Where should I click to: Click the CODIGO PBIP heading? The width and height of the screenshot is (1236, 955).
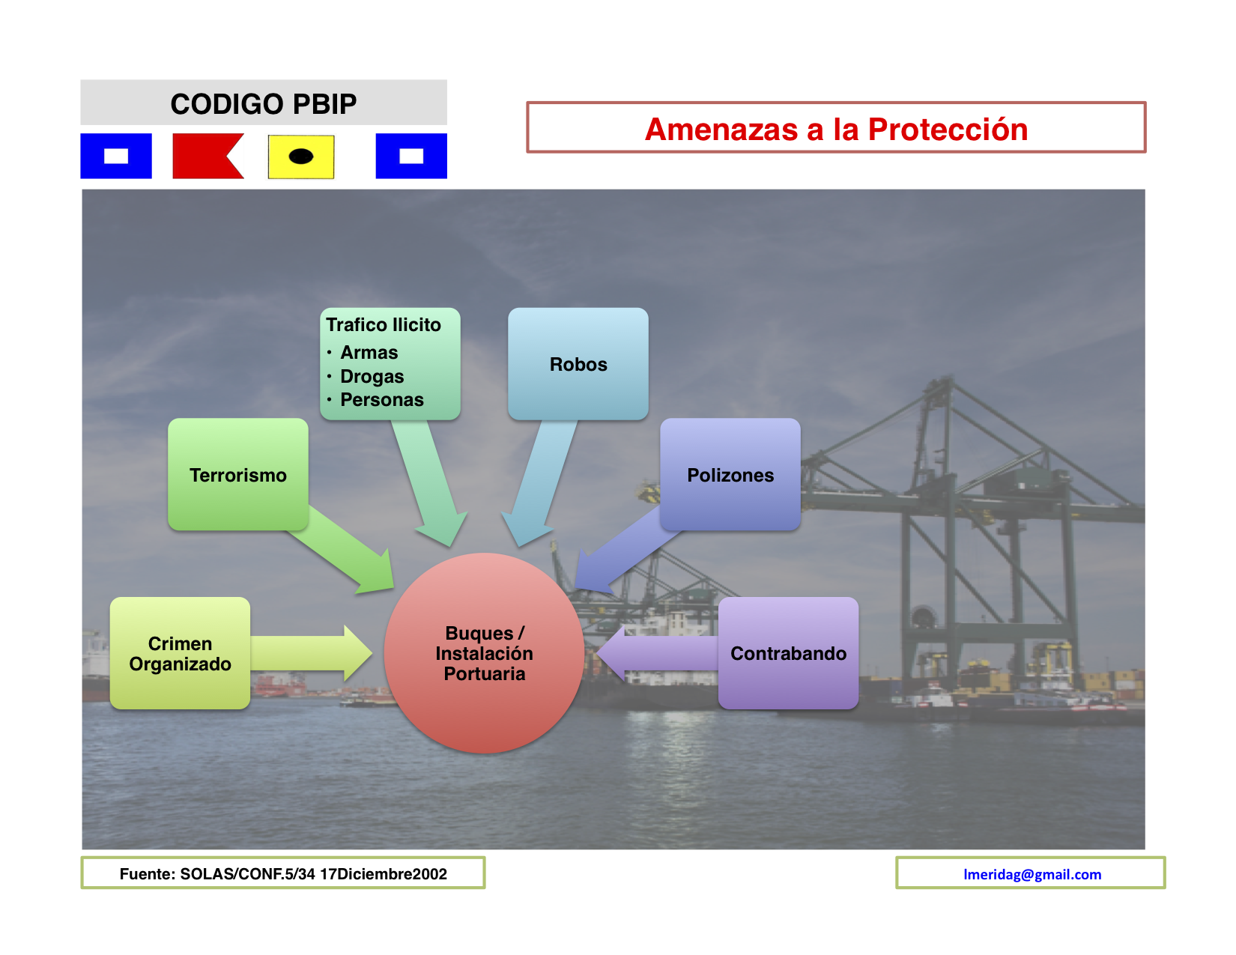[x=264, y=104]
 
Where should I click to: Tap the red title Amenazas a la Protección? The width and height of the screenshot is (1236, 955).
[x=836, y=129]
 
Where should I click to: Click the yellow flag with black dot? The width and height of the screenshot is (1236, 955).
[x=301, y=157]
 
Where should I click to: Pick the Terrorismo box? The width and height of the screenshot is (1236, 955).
[x=237, y=474]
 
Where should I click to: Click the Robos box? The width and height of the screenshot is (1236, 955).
[x=578, y=364]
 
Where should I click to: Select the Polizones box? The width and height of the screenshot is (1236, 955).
[x=730, y=474]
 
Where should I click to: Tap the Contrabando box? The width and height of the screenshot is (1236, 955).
[x=788, y=653]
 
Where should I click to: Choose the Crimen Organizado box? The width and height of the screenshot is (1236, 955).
[x=180, y=653]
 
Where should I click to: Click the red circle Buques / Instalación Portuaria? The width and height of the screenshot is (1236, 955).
[x=484, y=653]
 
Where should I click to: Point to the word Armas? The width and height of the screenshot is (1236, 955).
[x=369, y=353]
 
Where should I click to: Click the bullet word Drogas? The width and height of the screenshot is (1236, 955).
[x=372, y=377]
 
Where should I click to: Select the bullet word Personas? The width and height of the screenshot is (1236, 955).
[x=382, y=400]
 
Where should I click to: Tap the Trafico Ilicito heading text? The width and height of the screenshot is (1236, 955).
[x=384, y=325]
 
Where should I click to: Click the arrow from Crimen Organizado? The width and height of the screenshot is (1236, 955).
[x=311, y=653]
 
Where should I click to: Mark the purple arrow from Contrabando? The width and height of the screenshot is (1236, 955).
[x=657, y=653]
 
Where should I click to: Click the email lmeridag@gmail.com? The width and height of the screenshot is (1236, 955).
[x=1032, y=874]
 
